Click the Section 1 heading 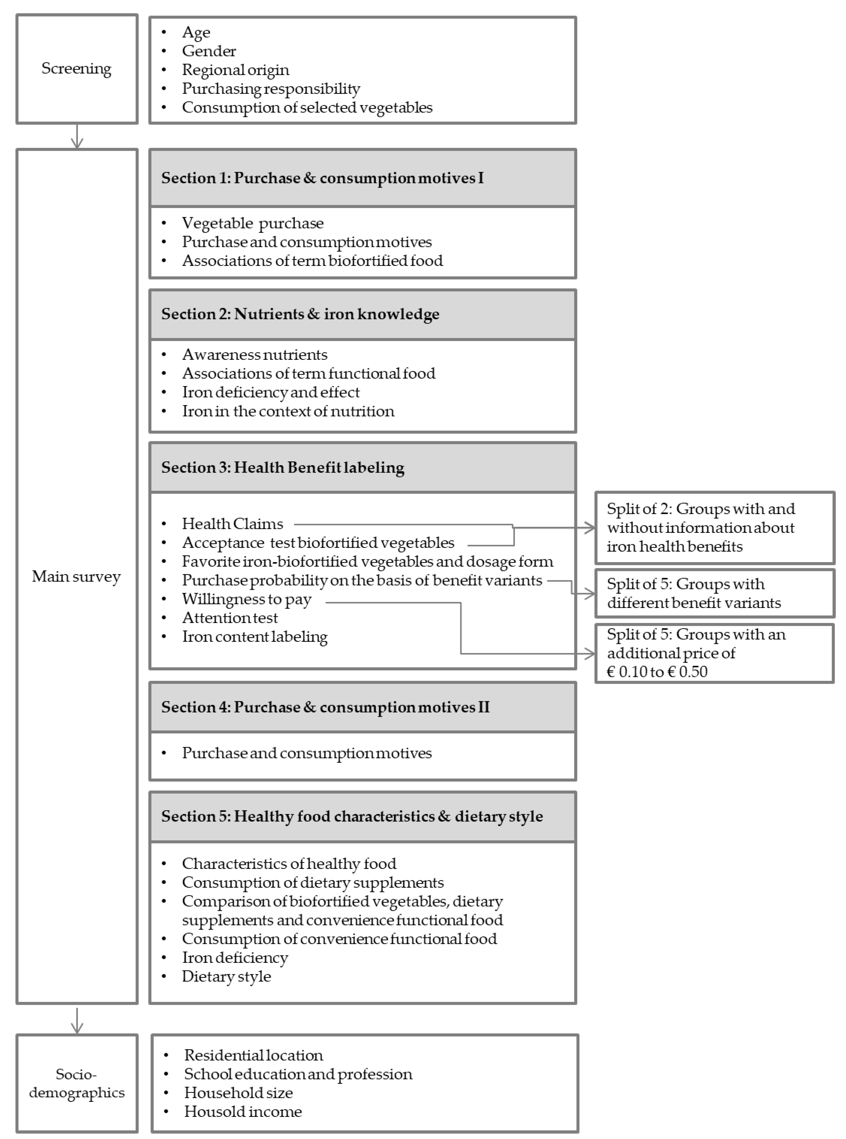323,178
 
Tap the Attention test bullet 230,618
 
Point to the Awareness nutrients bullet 255,354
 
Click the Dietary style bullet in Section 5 226,977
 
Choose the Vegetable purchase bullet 253,223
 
